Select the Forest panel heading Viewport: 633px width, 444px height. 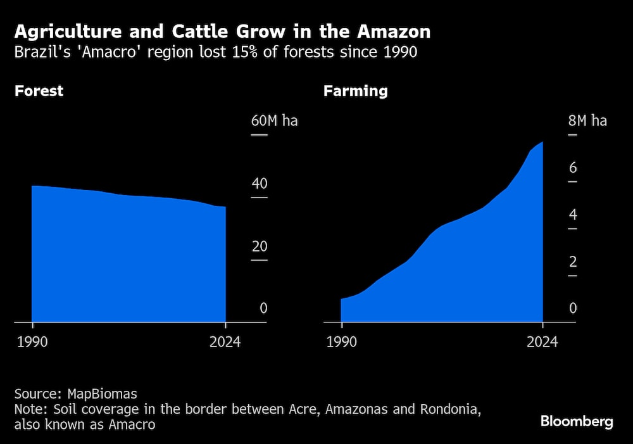tap(39, 91)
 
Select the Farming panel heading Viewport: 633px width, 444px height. tap(355, 91)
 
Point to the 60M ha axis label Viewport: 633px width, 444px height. tap(274, 121)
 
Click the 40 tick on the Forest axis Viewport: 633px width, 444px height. tap(260, 184)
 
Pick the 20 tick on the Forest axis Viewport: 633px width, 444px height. tap(260, 246)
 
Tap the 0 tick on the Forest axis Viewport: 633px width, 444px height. tap(264, 308)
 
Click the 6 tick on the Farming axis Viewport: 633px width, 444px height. tap(572, 168)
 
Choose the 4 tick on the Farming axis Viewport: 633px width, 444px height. tap(572, 215)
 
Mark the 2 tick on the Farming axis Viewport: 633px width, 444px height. tap(572, 262)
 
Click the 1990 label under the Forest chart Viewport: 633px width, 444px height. tap(32, 342)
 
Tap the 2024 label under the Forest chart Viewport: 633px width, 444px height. tap(225, 342)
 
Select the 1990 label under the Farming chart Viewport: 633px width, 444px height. tap(341, 342)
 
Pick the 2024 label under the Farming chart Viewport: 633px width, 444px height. tap(542, 342)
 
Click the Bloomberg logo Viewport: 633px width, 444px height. tap(577, 422)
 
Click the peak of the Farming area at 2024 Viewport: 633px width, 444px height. tap(542, 143)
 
